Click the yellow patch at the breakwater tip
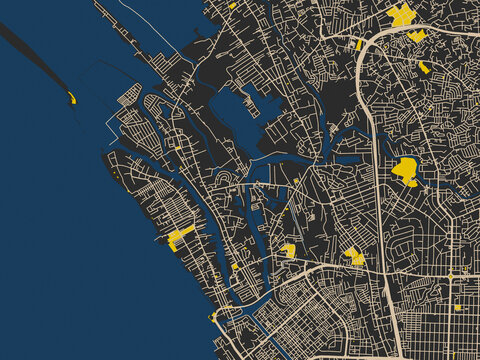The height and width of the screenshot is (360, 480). coord(72,98)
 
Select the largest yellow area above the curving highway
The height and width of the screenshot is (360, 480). coord(401,15)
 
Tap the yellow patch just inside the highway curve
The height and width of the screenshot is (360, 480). coord(416,36)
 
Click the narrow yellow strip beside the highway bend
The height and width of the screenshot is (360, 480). coord(359,44)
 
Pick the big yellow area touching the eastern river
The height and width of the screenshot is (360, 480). coord(405,171)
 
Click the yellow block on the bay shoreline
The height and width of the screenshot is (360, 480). coord(179,237)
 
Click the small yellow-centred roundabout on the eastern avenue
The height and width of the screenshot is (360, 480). coord(450,275)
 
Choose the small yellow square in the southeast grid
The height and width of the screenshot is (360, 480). coord(457,307)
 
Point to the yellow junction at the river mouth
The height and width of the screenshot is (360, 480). coord(211,318)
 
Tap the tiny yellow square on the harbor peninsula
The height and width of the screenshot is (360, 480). coord(178,148)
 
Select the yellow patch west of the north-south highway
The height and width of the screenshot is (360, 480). coord(354,256)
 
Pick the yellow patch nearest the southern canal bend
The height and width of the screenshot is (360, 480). coord(288,250)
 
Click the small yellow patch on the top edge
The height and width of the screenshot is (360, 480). coord(232,5)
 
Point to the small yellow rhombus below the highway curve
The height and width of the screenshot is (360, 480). coord(425,67)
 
